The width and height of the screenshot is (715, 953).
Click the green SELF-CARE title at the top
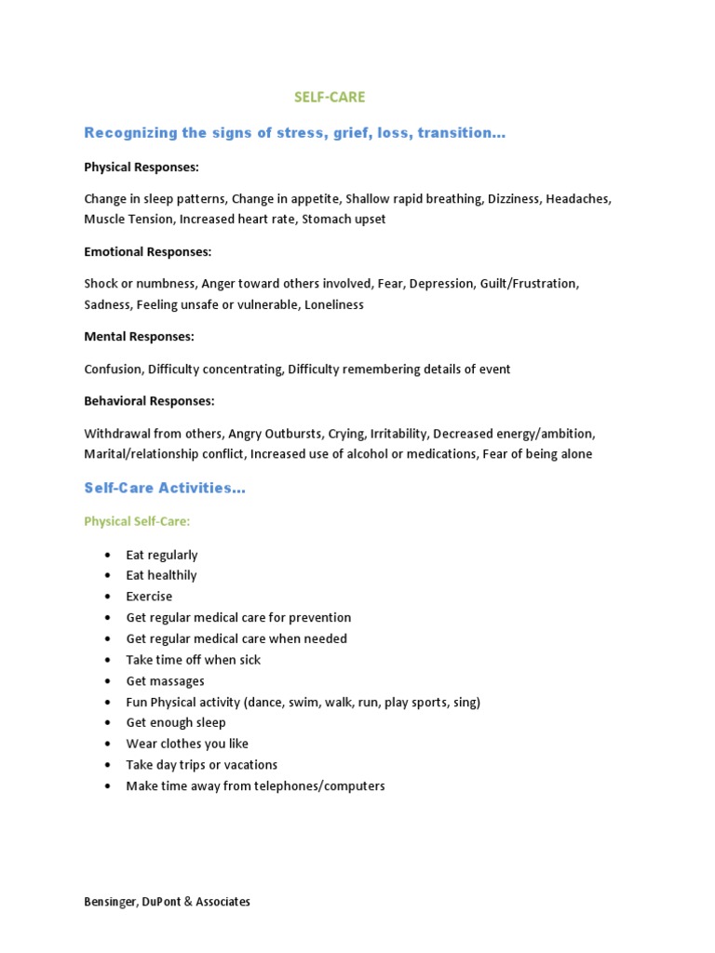click(x=330, y=97)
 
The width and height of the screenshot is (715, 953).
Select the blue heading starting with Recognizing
click(x=294, y=133)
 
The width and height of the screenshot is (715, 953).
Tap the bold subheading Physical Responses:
click(x=142, y=168)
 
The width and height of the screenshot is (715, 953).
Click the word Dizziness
click(x=513, y=199)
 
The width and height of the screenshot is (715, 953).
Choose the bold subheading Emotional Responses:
click(x=148, y=251)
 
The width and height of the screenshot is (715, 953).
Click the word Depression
click(x=441, y=283)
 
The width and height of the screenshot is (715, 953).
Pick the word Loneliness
click(x=333, y=304)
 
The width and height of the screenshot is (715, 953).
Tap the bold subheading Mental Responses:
click(x=139, y=336)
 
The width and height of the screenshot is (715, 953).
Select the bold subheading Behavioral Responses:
click(x=149, y=401)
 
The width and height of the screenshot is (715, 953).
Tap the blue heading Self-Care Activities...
click(x=165, y=488)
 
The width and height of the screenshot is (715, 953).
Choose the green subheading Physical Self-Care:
click(x=137, y=521)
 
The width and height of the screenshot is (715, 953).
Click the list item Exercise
click(x=149, y=597)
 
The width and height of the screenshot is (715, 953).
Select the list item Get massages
click(x=165, y=681)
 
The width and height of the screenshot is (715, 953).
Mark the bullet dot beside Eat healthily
click(x=108, y=576)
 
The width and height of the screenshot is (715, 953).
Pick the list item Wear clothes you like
click(x=187, y=744)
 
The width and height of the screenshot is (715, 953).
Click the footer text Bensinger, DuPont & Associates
click(x=167, y=902)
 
